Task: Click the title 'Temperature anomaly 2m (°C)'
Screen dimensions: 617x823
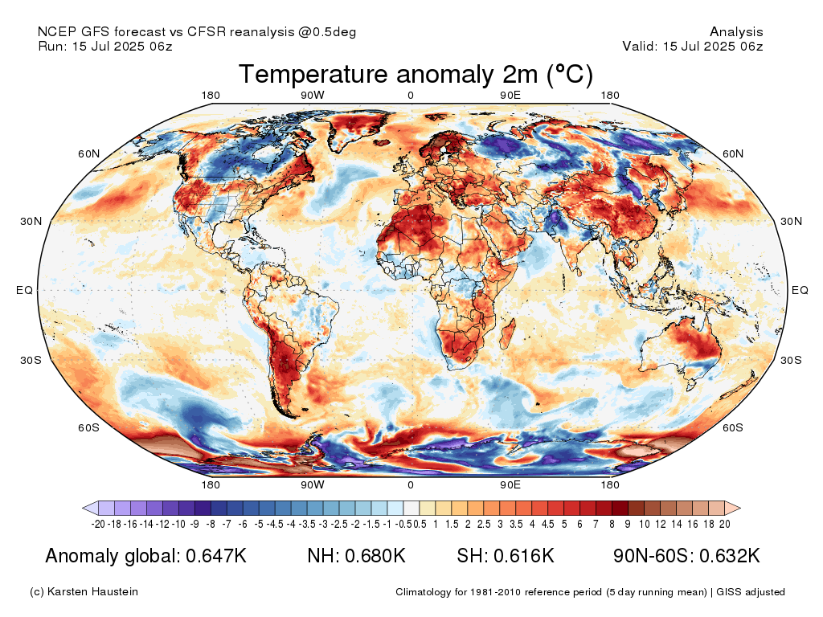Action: (416, 75)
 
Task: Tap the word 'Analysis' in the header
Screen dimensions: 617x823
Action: (736, 32)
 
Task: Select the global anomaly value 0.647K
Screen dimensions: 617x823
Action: (216, 556)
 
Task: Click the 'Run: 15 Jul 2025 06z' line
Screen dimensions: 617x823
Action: (105, 47)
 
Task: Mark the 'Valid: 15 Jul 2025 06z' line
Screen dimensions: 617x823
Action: (693, 47)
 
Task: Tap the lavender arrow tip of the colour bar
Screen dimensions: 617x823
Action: (88, 508)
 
